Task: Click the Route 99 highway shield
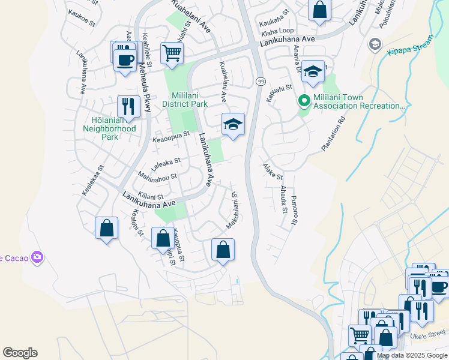tap(261, 81)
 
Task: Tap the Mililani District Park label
tap(181, 100)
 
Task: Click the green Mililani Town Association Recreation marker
tap(304, 101)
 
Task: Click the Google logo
tap(20, 353)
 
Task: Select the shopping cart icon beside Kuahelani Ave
tap(172, 53)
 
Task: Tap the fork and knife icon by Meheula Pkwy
tap(128, 106)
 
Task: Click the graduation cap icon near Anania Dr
tap(313, 71)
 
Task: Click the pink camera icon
tap(38, 257)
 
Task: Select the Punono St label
tap(294, 211)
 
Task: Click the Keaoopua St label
tap(171, 139)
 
